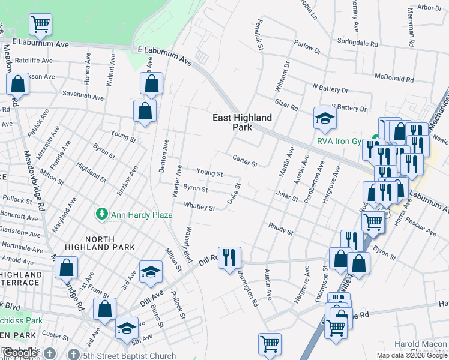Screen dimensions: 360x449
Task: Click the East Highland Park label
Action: pyautogui.click(x=242, y=122)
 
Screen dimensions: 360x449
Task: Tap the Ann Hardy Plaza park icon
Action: pyautogui.click(x=102, y=214)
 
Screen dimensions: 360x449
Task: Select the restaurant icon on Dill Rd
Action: pyautogui.click(x=229, y=258)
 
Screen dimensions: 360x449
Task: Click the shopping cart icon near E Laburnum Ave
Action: pyautogui.click(x=41, y=25)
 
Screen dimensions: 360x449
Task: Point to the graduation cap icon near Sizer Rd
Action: pyautogui.click(x=324, y=118)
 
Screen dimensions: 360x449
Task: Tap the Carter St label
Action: pyautogui.click(x=245, y=160)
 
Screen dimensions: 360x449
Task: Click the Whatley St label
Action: pyautogui.click(x=199, y=206)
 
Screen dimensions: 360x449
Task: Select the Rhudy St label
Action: pyautogui.click(x=281, y=229)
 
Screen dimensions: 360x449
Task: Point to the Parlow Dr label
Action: pyautogui.click(x=308, y=46)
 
